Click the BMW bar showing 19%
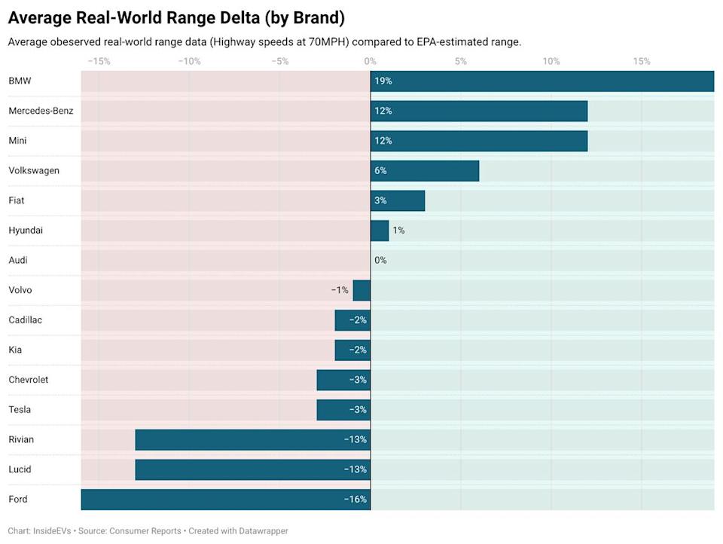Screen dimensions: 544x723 coord(542,81)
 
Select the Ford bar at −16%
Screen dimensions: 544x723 coord(226,499)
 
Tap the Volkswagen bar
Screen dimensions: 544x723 coord(425,170)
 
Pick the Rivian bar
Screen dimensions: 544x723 coord(252,439)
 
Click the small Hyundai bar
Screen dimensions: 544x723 coord(380,230)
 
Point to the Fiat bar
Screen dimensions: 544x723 coord(398,200)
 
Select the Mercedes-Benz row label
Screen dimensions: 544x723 coord(41,111)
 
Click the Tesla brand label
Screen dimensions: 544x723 coord(20,409)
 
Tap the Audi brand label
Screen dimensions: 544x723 coord(18,260)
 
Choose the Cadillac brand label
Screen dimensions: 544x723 coord(25,319)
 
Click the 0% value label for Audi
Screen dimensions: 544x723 coord(380,260)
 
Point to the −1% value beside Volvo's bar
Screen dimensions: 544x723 coord(340,290)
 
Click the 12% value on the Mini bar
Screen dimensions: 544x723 coord(383,141)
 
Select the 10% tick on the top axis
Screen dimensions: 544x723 coord(551,61)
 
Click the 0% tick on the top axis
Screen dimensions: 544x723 coord(370,61)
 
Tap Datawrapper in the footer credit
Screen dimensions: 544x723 coord(260,530)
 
